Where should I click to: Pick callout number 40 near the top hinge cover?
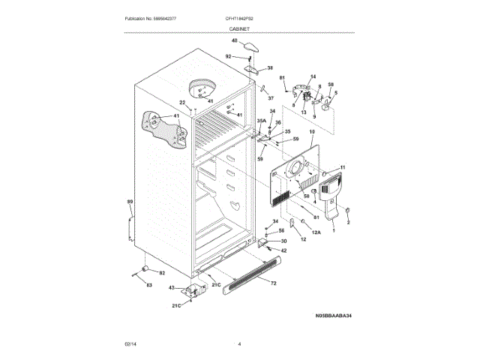[x=234, y=40]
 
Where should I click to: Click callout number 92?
[x=229, y=56]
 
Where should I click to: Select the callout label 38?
[x=260, y=67]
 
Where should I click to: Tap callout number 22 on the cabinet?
[x=181, y=103]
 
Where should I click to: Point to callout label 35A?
[x=262, y=120]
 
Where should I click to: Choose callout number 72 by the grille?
[x=273, y=283]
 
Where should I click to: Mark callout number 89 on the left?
[x=129, y=202]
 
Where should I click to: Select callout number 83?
[x=148, y=285]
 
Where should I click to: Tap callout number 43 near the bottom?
[x=170, y=288]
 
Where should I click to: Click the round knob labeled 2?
[x=348, y=210]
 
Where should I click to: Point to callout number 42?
[x=283, y=250]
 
